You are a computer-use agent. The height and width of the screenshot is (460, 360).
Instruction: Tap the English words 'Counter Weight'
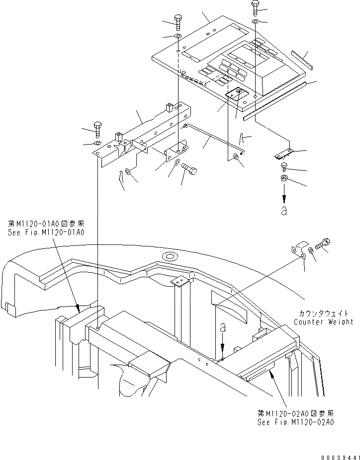(x=323, y=322)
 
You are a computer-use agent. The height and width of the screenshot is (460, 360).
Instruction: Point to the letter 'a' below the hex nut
(x=284, y=211)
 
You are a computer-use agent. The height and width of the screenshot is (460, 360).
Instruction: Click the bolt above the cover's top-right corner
(x=255, y=7)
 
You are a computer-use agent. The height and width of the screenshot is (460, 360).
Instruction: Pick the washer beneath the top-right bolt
(x=255, y=22)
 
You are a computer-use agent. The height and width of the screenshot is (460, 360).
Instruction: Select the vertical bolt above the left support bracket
(x=97, y=129)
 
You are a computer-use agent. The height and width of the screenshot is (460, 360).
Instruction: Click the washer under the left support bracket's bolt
(x=97, y=144)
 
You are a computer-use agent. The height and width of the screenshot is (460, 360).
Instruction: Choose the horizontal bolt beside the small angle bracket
(x=189, y=169)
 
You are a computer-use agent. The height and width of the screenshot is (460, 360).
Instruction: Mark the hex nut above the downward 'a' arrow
(x=283, y=179)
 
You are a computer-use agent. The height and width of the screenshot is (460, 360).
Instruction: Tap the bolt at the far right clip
(x=323, y=245)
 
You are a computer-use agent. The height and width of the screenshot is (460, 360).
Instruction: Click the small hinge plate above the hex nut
(x=284, y=154)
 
